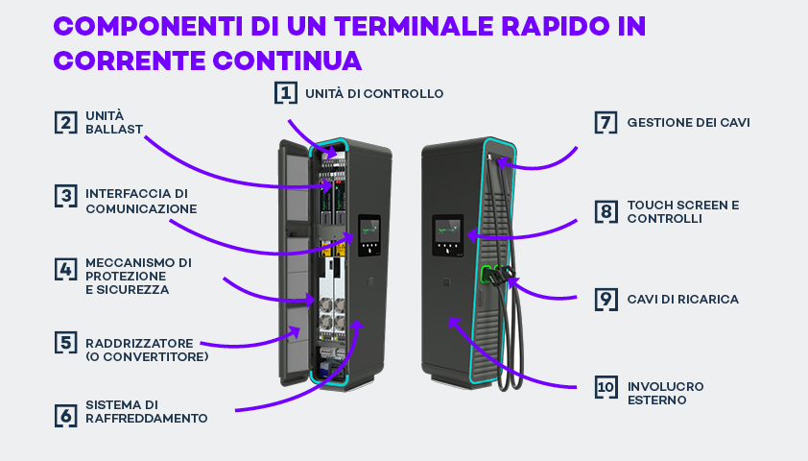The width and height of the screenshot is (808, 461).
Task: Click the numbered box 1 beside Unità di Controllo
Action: [x=285, y=93]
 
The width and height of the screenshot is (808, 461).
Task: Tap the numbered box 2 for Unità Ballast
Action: [x=66, y=123]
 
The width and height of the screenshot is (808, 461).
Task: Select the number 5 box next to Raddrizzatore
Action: [x=66, y=343]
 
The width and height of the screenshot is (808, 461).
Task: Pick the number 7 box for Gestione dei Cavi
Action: [x=606, y=123]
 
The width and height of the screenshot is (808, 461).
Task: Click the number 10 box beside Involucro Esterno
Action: [x=606, y=387]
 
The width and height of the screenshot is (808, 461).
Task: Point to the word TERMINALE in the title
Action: [x=414, y=26]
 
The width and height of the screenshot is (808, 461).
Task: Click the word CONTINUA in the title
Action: [x=287, y=61]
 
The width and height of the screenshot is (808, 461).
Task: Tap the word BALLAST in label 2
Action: [x=114, y=130]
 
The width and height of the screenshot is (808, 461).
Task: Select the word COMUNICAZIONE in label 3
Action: [x=141, y=208]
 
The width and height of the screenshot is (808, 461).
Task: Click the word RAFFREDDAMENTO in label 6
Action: [x=147, y=418]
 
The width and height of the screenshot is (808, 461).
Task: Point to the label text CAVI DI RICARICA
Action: [x=683, y=300]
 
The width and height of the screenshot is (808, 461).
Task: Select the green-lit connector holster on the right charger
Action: [x=486, y=275]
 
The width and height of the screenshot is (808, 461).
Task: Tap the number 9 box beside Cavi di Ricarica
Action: [x=606, y=300]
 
